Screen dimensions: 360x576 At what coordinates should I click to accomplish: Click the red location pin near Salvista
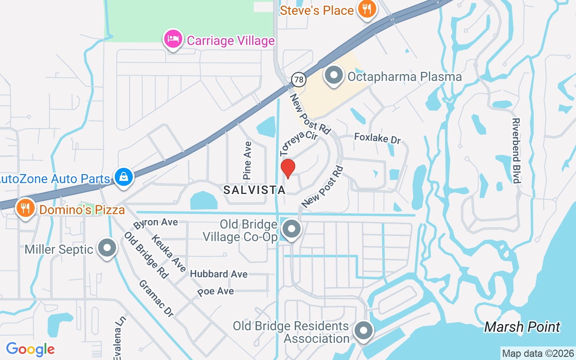pos(288,168)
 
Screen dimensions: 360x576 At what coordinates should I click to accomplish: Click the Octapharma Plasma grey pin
pos(334,76)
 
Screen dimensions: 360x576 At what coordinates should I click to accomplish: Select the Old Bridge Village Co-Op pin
pos(292,229)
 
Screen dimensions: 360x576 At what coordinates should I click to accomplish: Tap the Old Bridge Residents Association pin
pos(363,331)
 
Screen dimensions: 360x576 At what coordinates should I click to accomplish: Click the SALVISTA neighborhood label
pos(254,190)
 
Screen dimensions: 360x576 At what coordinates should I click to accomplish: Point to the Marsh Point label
pos(522,327)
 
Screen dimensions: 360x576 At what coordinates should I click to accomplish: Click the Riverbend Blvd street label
pos(516,151)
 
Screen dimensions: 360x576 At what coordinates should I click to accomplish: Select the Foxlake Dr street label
pos(377,138)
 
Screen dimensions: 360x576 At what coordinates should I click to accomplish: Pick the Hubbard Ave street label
pos(219,274)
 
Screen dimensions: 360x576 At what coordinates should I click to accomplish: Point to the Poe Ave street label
pos(216,292)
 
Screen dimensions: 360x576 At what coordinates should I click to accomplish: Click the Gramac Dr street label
pos(156,298)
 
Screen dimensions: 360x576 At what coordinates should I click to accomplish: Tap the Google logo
pos(30,349)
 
